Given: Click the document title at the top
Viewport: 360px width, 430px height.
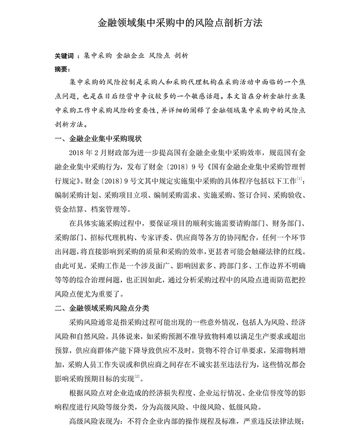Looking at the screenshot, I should pos(180,23).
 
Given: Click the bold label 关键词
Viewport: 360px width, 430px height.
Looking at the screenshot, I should pos(64,55).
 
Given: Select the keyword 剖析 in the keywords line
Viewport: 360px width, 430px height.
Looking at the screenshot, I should pos(181,55).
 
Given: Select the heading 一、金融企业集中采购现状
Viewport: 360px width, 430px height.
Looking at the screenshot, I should pos(98,139).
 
